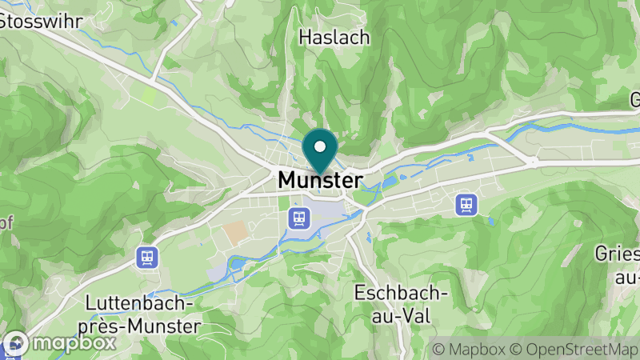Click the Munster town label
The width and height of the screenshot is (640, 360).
pos(320,181)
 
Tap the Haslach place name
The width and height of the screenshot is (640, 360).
pos(334,37)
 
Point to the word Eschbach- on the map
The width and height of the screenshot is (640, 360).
pos(402,293)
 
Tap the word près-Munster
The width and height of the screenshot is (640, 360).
pos(143,326)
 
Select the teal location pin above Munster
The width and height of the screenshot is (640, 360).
pos(320,152)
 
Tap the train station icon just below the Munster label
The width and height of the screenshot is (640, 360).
pos(299,217)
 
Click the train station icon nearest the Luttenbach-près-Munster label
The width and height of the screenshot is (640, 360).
pos(147,257)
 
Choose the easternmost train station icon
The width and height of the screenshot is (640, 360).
pos(466,204)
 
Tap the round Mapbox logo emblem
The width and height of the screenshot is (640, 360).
pos(17,343)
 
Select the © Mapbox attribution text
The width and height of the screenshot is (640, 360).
pos(468,349)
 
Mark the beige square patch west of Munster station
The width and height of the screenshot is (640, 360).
pos(235,233)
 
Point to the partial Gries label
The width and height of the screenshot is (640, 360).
pos(618,254)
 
